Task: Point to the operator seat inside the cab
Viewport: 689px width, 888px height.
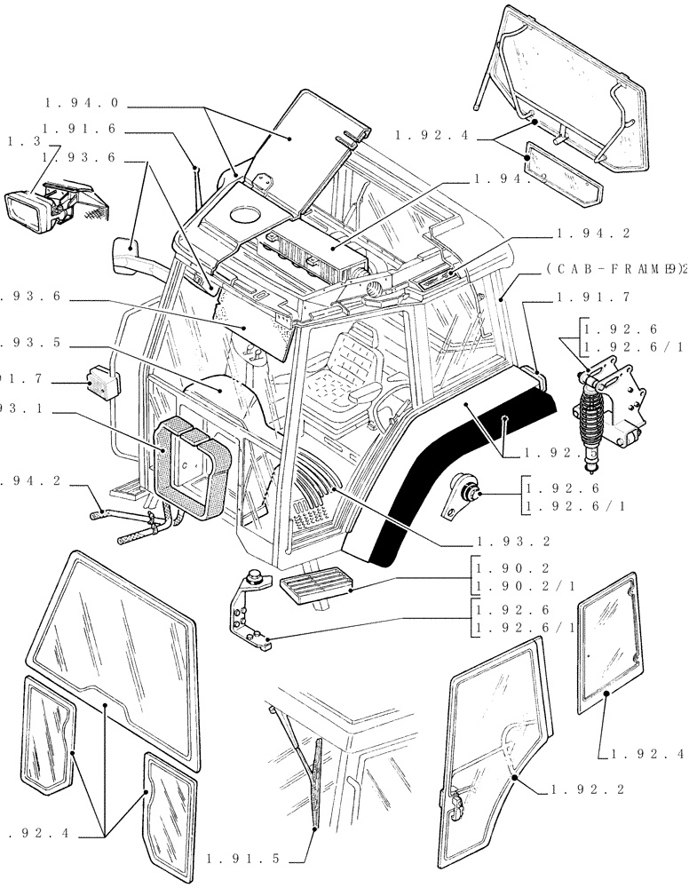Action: click(x=355, y=355)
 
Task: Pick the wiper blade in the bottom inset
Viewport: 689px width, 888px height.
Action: click(x=315, y=781)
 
